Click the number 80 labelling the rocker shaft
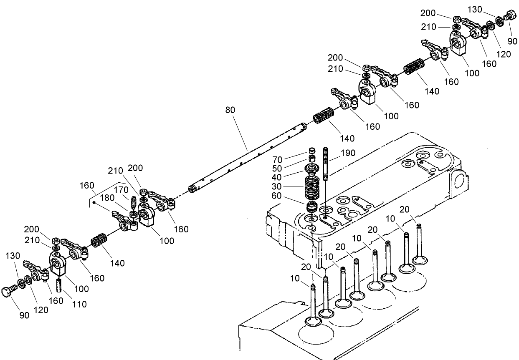click(x=230, y=110)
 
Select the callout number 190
click(x=347, y=153)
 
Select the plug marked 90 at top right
click(x=509, y=15)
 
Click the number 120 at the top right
click(x=504, y=54)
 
